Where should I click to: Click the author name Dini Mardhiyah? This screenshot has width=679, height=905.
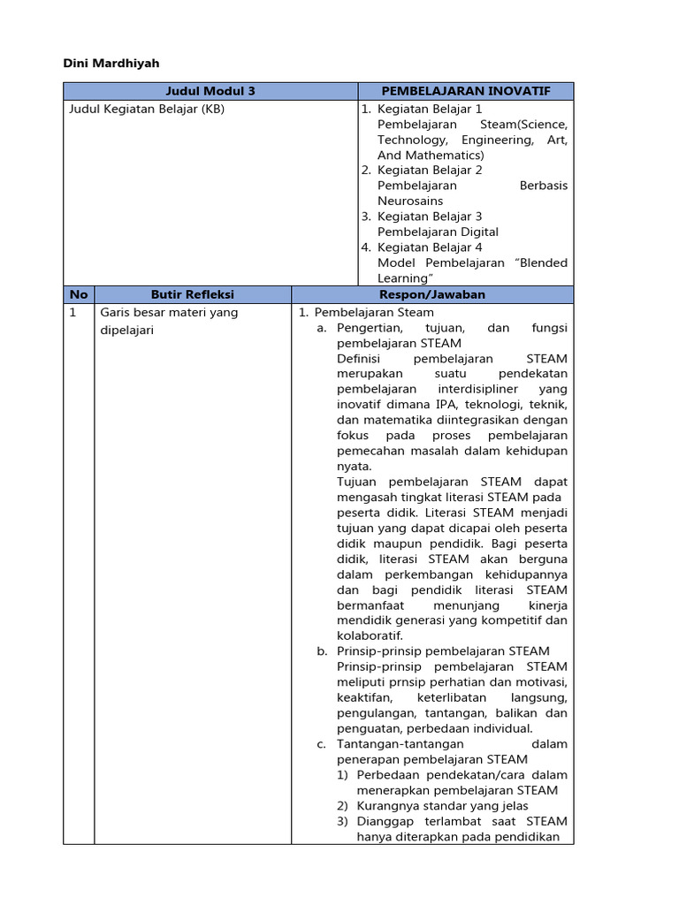(111, 64)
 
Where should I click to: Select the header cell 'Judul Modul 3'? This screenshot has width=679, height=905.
(210, 91)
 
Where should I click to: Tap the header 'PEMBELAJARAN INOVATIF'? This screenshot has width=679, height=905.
(465, 91)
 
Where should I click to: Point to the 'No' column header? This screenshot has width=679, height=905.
(78, 294)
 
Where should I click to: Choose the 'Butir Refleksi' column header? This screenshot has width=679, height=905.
(193, 294)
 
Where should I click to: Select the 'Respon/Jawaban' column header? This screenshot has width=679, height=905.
(432, 294)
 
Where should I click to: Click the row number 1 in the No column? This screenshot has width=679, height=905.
(72, 312)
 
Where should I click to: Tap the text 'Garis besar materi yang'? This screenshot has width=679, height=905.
(169, 312)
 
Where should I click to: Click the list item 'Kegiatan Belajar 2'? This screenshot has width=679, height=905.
(430, 170)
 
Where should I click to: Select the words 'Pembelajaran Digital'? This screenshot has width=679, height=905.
(438, 232)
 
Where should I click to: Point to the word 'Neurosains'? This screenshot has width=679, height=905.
(410, 201)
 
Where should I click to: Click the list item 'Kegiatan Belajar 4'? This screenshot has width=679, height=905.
(430, 247)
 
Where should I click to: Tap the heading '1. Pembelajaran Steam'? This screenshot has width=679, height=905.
(366, 312)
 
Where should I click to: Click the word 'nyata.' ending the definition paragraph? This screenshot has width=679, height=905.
(355, 467)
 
